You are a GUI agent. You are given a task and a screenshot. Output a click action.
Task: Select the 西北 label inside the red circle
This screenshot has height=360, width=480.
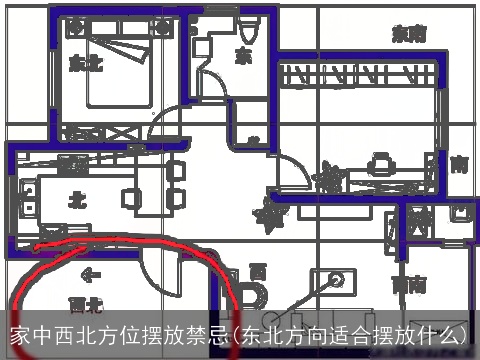pyautogui.click(x=85, y=301)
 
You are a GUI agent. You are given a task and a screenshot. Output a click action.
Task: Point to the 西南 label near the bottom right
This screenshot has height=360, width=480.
pyautogui.click(x=407, y=285)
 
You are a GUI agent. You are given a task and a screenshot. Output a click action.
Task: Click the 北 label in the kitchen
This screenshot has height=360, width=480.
pyautogui.click(x=76, y=200)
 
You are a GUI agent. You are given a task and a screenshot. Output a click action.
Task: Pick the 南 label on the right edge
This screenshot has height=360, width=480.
pyautogui.click(x=459, y=163)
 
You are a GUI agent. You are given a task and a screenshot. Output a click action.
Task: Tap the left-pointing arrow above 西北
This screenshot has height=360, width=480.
pyautogui.click(x=91, y=273)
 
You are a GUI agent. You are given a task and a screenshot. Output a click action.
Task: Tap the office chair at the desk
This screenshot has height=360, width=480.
pyautogui.click(x=379, y=161)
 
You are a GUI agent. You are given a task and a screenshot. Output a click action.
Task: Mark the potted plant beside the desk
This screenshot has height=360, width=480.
pyautogui.click(x=326, y=177)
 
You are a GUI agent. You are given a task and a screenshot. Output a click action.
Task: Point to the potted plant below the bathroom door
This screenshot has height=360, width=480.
pyautogui.click(x=268, y=213)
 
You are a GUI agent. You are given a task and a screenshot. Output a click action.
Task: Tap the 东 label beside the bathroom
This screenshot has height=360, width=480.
pyautogui.click(x=244, y=55)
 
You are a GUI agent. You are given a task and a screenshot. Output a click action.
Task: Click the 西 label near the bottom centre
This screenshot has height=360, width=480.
pyautogui.click(x=258, y=270)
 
